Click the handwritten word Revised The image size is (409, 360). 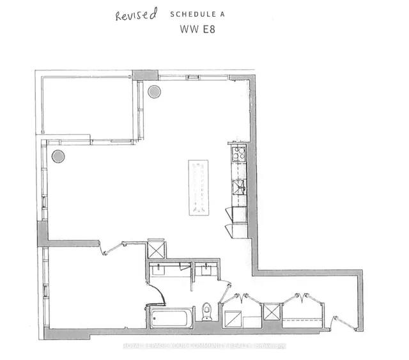pos(135,16)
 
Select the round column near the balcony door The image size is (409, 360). pos(155,91)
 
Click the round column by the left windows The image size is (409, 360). pos(58,155)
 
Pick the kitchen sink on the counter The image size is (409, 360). pos(239,187)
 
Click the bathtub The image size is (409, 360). pos(170,317)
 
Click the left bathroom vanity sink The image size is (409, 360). pos(159,269)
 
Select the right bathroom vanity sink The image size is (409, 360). pos(206,269)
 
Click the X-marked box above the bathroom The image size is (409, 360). pos(157,248)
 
